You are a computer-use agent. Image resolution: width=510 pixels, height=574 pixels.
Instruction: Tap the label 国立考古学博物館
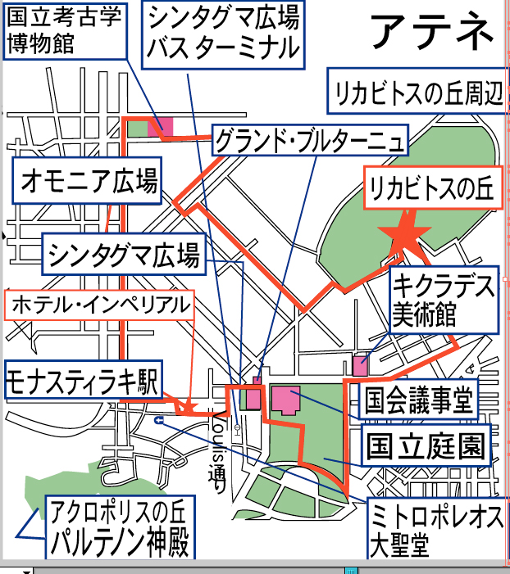[64, 32]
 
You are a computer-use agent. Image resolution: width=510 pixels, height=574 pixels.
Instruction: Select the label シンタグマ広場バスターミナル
[222, 34]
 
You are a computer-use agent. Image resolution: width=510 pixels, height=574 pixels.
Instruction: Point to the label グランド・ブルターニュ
[309, 142]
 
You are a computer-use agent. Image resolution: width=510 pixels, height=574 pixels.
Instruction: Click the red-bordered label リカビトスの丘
[430, 189]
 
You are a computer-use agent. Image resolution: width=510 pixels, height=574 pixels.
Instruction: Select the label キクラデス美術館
[443, 300]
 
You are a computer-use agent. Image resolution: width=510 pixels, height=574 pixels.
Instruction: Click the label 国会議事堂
[417, 401]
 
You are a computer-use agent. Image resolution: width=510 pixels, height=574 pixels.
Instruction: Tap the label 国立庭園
[426, 446]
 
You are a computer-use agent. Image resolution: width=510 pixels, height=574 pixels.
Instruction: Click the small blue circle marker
[158, 419]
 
